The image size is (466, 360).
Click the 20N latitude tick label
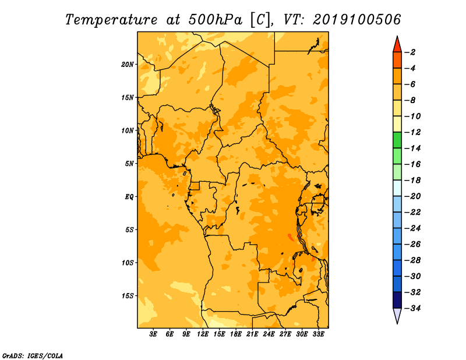128,65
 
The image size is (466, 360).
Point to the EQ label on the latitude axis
129,197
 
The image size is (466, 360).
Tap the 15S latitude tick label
128,296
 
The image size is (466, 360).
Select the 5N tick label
129,164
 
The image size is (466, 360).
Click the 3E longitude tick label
153,334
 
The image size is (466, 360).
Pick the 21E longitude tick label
252,334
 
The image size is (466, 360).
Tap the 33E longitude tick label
318,334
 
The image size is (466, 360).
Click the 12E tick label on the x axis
203,334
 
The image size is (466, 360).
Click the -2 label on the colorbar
411,52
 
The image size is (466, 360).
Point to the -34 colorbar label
412,308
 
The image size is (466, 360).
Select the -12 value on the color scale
412,132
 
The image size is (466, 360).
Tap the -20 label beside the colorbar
412,196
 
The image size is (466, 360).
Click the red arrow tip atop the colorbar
397,36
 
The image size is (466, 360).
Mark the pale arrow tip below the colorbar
397,323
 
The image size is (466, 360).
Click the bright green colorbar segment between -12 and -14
397,140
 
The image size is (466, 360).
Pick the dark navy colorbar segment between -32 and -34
397,300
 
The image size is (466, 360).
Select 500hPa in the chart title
216,19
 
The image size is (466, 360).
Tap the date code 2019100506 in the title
357,19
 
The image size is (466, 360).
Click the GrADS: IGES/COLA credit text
33,355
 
